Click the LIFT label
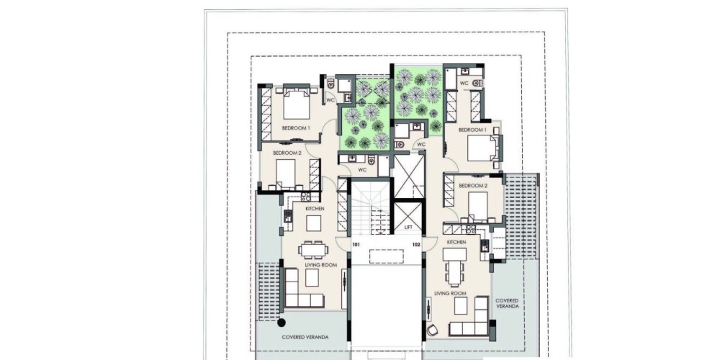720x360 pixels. coord(408,228)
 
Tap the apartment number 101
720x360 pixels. coord(356,245)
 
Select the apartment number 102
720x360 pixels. coord(416,245)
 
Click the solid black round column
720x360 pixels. coord(281,323)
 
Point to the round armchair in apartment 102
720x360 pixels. coord(432,330)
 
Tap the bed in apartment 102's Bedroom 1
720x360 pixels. coord(482,148)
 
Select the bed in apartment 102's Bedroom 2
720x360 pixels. coord(477,205)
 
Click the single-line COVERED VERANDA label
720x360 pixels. coord(305,337)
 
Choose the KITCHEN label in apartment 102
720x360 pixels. coord(456,242)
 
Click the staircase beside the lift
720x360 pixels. coord(370,207)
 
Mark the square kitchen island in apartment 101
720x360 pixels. coord(314,224)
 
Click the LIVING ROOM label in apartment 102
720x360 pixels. coord(451,294)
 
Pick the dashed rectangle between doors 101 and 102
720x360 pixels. coord(387,256)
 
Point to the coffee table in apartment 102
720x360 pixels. coord(461,305)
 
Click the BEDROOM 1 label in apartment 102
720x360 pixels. coord(472,130)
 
